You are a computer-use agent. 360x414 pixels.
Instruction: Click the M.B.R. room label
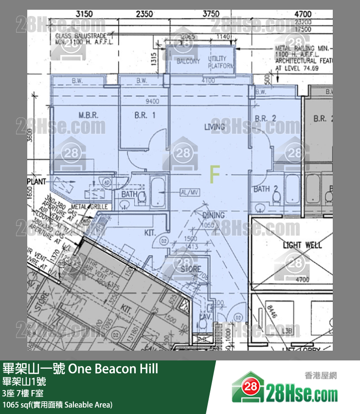pos(89,115)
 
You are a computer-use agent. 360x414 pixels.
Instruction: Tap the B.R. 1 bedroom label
pos(144,115)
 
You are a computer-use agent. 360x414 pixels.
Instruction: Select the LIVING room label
pos(215,127)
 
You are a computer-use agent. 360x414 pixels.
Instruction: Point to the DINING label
pos(214,215)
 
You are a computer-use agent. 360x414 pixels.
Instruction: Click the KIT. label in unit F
pos(150,233)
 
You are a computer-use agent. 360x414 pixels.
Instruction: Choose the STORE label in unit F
pos(191,269)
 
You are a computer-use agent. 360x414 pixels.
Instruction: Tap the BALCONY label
pos(188,61)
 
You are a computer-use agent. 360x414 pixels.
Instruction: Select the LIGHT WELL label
pos(302,245)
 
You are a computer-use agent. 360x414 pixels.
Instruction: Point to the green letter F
pos(214,174)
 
